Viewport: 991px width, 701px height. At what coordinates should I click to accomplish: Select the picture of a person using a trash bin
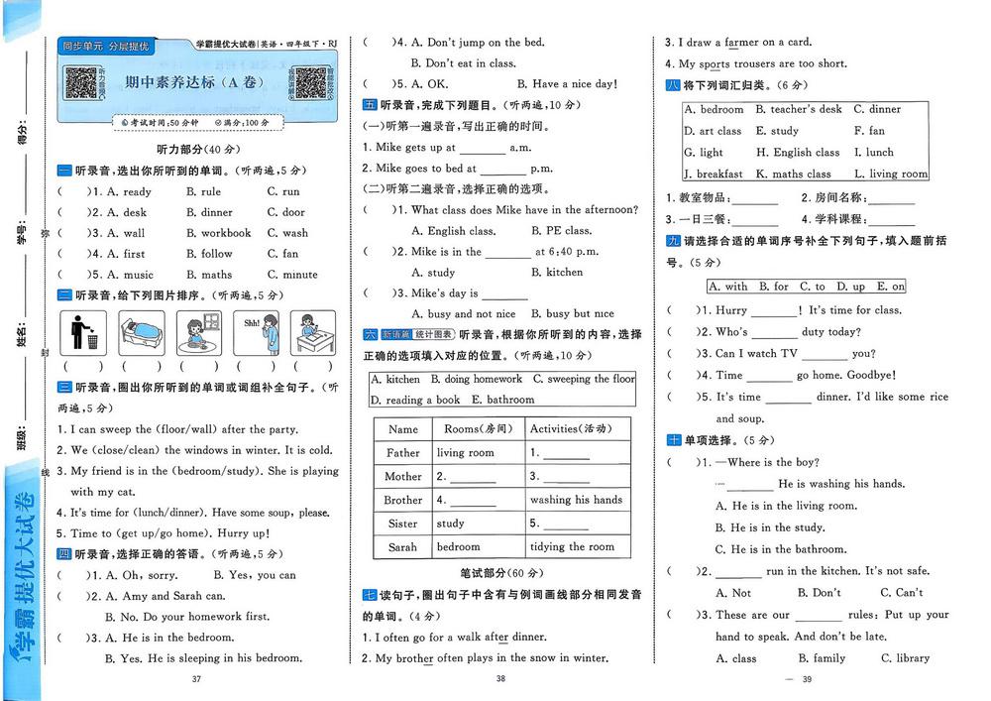[85, 333]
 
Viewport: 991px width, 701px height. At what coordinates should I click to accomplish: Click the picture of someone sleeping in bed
[142, 333]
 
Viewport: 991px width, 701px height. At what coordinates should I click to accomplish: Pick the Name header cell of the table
[402, 429]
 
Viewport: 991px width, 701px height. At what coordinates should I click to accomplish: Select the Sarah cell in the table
[402, 546]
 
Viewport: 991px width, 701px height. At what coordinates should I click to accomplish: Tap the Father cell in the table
[402, 453]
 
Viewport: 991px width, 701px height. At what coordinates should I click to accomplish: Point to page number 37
[195, 678]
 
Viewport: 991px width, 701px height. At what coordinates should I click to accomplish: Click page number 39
[807, 678]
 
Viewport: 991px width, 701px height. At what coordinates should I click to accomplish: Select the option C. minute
[292, 275]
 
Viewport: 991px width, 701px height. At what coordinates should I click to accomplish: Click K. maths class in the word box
[794, 174]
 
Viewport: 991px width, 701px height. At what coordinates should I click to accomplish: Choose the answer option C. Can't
[902, 593]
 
